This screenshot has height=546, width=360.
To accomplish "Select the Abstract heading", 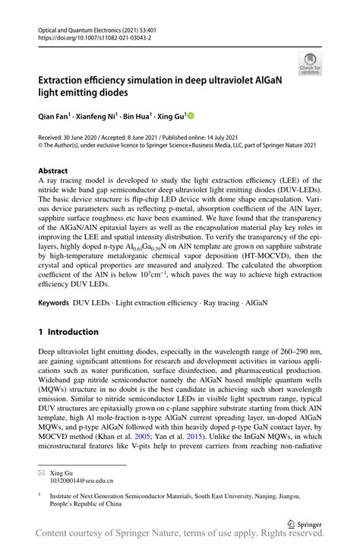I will coord(52,171).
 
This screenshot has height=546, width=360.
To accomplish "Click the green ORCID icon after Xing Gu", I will coord(191,116).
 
